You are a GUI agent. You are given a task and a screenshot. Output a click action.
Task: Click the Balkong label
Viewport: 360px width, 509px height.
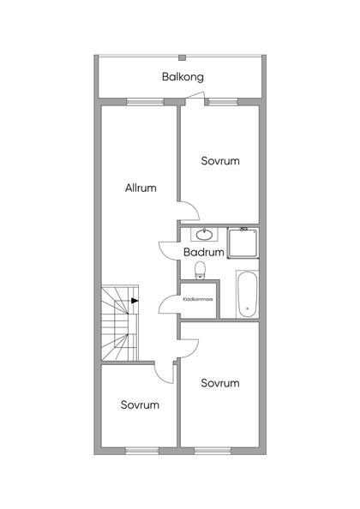click(x=183, y=77)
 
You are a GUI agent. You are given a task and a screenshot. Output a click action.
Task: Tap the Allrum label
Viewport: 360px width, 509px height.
click(x=141, y=188)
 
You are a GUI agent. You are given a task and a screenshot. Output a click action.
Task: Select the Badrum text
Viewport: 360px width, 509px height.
click(x=204, y=252)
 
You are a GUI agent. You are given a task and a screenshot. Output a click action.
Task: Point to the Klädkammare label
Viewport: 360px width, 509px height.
click(x=198, y=299)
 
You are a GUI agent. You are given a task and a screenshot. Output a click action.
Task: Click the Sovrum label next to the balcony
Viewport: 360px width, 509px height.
click(x=220, y=161)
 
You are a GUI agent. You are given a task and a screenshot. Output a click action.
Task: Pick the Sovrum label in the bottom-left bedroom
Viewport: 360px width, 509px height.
click(x=140, y=404)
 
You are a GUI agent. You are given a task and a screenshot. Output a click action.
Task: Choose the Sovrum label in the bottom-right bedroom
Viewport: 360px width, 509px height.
click(x=220, y=383)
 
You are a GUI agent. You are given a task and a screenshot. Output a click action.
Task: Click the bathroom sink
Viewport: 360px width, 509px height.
click(x=204, y=235)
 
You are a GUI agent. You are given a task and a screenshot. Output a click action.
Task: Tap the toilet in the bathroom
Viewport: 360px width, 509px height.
click(x=201, y=271)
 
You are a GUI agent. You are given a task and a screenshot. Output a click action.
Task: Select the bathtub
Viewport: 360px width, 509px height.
click(x=247, y=294)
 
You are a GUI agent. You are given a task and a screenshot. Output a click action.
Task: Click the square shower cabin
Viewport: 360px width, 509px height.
click(x=243, y=243)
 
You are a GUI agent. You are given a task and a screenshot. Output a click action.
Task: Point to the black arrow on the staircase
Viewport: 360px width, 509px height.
click(x=135, y=301)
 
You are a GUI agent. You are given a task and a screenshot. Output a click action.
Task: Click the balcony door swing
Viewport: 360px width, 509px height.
click(x=194, y=97)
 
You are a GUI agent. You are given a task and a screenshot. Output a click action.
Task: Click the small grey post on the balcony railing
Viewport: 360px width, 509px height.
click(x=183, y=57)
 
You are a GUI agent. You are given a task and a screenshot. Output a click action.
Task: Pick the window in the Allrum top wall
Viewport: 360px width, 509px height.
click(x=145, y=102)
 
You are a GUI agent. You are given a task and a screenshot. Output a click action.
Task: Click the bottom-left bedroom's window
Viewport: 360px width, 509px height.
click(x=142, y=451)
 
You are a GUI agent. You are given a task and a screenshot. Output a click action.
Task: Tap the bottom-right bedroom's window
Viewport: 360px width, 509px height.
click(x=213, y=451)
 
